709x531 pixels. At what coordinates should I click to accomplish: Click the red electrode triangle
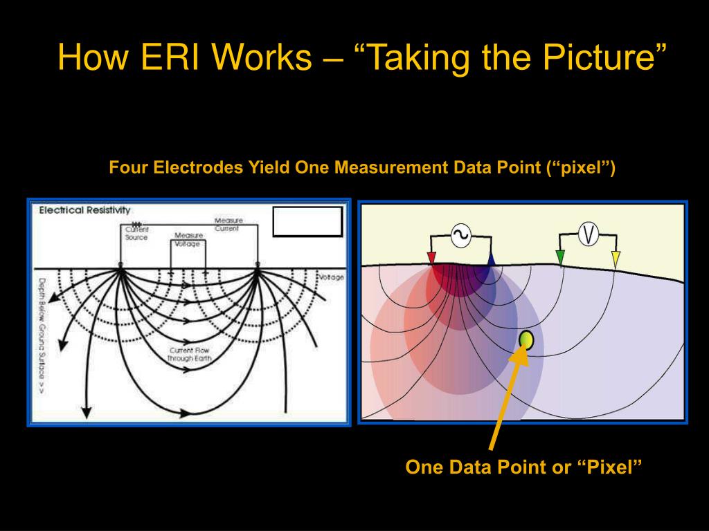[x=432, y=259]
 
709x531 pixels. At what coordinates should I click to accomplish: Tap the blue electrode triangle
[x=491, y=259]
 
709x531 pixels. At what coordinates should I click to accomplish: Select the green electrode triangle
[x=560, y=258]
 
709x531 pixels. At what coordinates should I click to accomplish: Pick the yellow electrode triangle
[x=616, y=259]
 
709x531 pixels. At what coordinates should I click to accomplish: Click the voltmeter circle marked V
[x=588, y=235]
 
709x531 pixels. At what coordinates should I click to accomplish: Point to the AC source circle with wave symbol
[x=461, y=236]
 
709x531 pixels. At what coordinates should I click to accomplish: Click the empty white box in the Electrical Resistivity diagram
[x=307, y=222]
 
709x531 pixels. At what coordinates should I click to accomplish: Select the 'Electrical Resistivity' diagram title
[x=84, y=210]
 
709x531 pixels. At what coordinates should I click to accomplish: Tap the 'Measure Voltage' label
[x=188, y=239]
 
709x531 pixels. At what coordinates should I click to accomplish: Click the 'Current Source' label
[x=136, y=233]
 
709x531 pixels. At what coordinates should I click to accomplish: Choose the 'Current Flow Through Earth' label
[x=189, y=355]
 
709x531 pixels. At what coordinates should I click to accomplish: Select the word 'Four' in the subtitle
[x=129, y=168]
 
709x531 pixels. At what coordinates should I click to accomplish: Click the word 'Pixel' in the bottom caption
[x=609, y=467]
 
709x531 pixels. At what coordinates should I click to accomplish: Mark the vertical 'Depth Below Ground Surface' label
[x=42, y=335]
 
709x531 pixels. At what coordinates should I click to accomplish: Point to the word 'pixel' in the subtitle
[x=580, y=168]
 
